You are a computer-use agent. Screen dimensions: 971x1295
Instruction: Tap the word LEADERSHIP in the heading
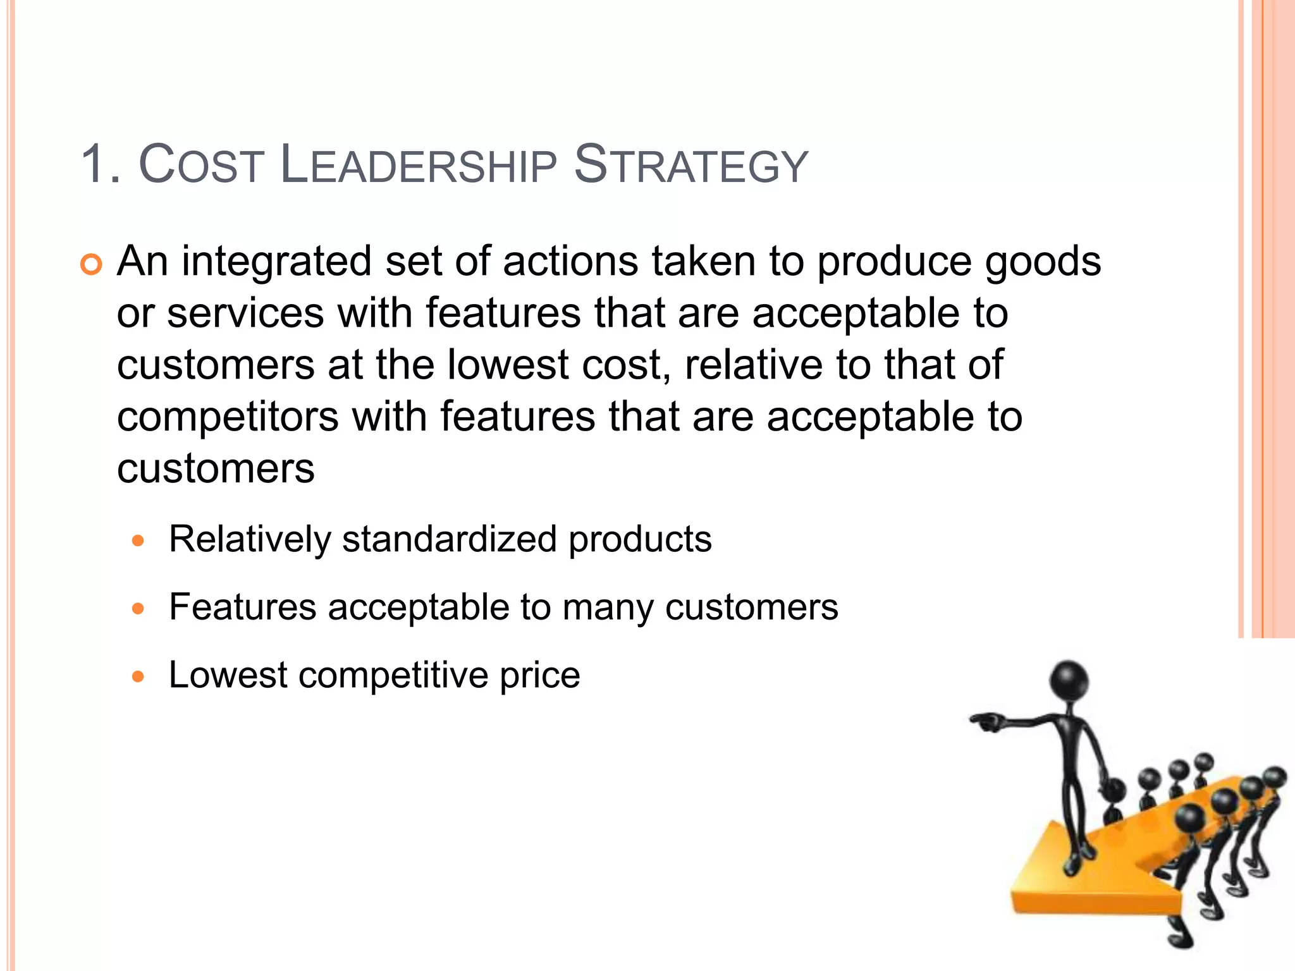pyautogui.click(x=418, y=166)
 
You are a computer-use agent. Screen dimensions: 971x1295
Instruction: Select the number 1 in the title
pyautogui.click(x=95, y=166)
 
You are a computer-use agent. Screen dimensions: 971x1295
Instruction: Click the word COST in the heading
pyautogui.click(x=200, y=166)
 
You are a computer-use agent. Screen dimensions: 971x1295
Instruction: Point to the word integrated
pyautogui.click(x=277, y=262)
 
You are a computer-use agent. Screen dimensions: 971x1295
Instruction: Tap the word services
pyautogui.click(x=245, y=314)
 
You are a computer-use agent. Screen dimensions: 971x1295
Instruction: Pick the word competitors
pyautogui.click(x=228, y=417)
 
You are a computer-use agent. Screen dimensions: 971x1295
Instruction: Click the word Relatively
pyautogui.click(x=250, y=540)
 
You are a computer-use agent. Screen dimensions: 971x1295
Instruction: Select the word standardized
pyautogui.click(x=450, y=540)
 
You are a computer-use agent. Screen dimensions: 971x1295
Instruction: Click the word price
pyautogui.click(x=539, y=675)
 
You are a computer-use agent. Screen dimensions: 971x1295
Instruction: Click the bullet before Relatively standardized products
pyautogui.click(x=138, y=541)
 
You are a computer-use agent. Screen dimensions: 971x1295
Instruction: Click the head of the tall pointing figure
pyautogui.click(x=1069, y=681)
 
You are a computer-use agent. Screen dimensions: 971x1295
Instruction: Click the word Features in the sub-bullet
pyautogui.click(x=243, y=608)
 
